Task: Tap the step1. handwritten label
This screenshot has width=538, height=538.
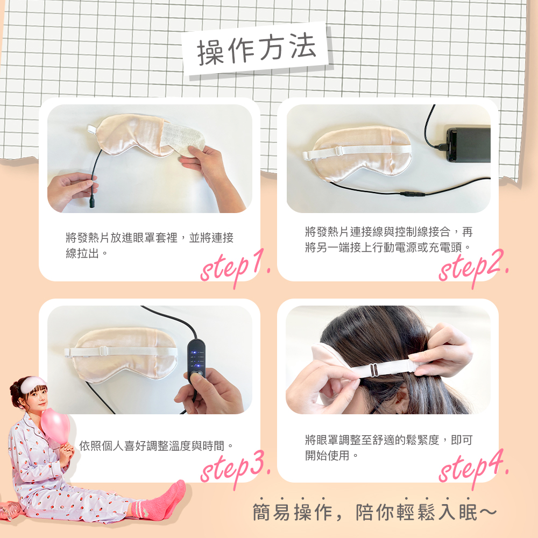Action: point(235,266)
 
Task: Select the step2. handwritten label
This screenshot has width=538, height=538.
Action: point(473,266)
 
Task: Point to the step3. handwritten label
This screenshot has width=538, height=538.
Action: point(235,466)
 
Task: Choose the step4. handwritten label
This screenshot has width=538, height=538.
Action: point(473,466)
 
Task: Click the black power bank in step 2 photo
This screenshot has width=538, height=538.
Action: point(468,145)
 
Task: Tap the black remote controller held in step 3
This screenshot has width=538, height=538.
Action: point(197,360)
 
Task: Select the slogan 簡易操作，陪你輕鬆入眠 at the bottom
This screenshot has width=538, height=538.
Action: point(375,512)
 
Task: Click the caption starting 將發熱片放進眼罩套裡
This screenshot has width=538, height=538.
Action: point(149,245)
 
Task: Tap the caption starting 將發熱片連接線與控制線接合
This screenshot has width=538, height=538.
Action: point(388,239)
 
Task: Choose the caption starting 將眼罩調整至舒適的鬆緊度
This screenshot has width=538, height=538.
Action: point(388,448)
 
